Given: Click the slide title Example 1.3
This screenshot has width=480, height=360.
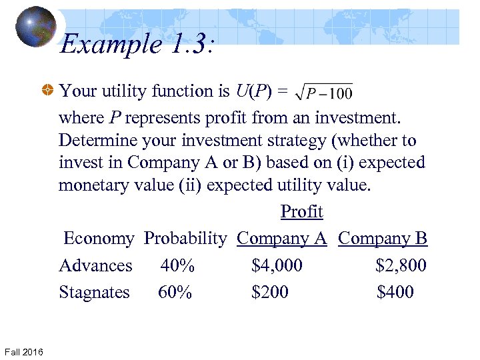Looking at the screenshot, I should point(136,45).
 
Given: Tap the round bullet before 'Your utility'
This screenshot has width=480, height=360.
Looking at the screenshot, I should point(48,91).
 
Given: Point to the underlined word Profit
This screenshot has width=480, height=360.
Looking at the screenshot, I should point(301,211).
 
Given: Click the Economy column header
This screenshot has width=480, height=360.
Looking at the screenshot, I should point(99,238).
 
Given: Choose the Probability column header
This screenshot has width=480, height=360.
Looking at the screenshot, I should point(185,238).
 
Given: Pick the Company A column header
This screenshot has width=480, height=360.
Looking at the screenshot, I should point(281,238).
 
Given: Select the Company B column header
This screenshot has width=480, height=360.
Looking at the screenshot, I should point(383,238).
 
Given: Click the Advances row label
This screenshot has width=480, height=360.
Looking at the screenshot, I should point(95,265).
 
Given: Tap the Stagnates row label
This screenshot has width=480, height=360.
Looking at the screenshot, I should point(94,292).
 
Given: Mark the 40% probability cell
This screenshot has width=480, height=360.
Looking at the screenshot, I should point(177,265).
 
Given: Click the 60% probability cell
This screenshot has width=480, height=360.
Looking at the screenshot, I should point(175,292).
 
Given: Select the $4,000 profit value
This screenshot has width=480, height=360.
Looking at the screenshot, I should point(277,265).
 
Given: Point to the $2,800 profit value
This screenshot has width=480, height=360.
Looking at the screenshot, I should point(401,265).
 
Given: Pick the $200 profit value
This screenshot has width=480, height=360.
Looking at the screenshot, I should point(270,292).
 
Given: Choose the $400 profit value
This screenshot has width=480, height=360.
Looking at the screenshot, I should point(395,292).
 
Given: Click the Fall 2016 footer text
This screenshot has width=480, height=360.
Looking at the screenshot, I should point(23,351).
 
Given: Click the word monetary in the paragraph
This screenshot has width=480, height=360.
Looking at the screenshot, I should point(96,185).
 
